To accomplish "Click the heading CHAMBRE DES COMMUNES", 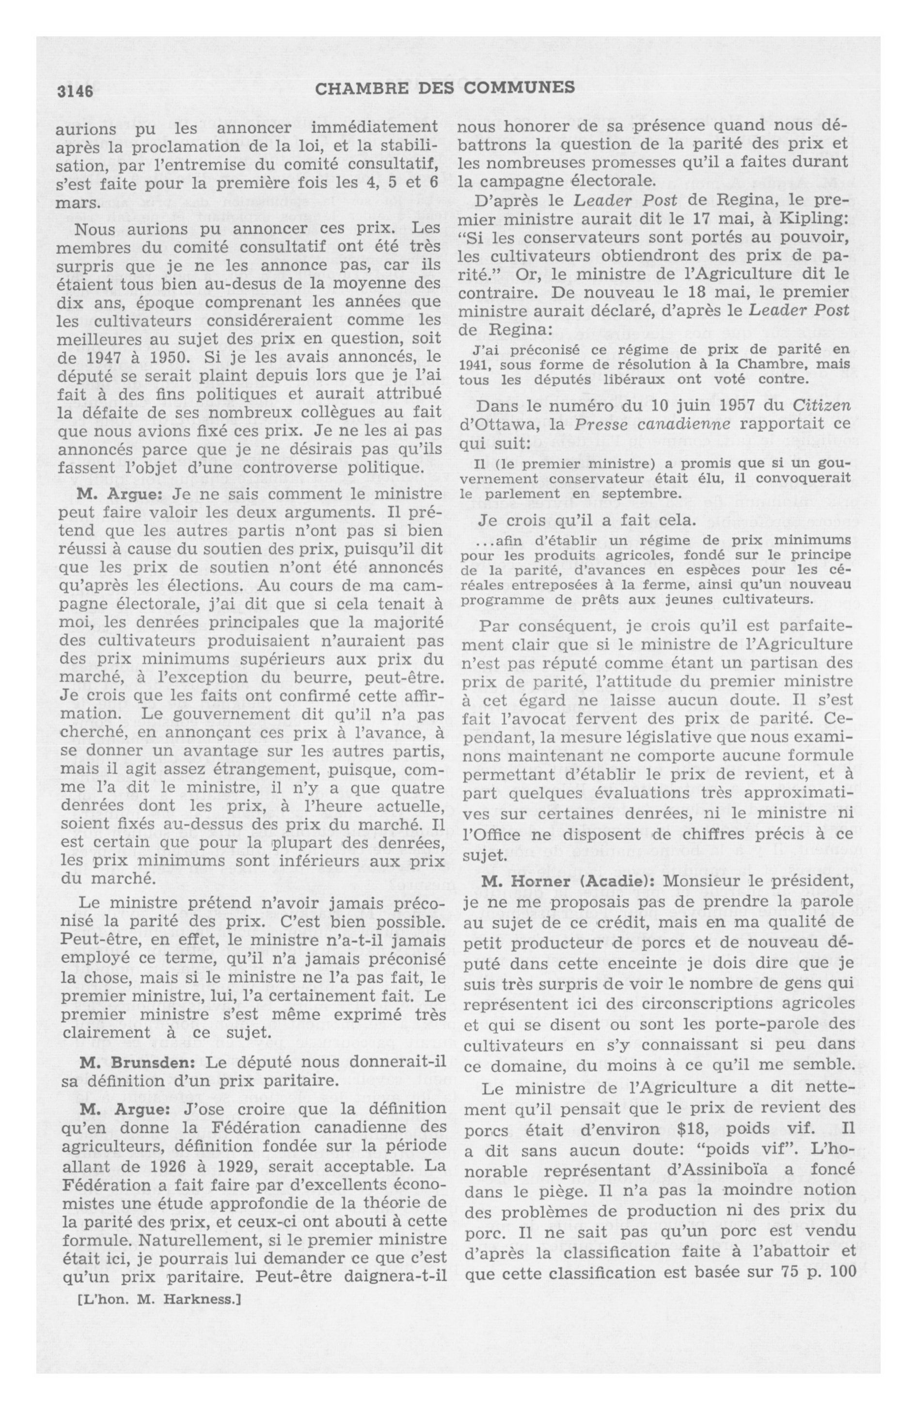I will point(445,88).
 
